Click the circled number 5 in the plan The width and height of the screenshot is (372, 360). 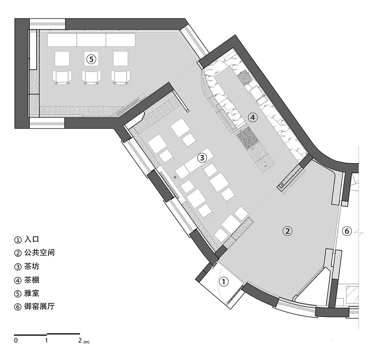(91, 59)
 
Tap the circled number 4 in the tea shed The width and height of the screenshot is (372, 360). (253, 117)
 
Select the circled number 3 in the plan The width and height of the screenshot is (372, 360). (202, 158)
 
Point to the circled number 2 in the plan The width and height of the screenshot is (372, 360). (287, 231)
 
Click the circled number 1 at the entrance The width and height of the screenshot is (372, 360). (223, 282)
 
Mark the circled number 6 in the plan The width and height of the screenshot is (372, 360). (347, 231)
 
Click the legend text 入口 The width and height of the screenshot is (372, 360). (31, 239)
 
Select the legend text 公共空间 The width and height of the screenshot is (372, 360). (40, 253)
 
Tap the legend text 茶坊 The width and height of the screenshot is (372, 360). (31, 266)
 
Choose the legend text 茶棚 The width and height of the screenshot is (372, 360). (31, 280)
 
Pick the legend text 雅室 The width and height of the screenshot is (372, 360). (31, 293)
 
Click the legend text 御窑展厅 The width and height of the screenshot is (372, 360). (40, 307)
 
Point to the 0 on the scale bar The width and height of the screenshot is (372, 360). (16, 341)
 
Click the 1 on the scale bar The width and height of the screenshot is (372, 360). (46, 341)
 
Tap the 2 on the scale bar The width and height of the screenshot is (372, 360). (80, 341)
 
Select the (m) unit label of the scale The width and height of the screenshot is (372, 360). (86, 342)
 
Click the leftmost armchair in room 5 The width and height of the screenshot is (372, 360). (62, 78)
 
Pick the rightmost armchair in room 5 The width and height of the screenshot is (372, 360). (121, 78)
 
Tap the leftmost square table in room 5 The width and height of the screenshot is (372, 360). (62, 59)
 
